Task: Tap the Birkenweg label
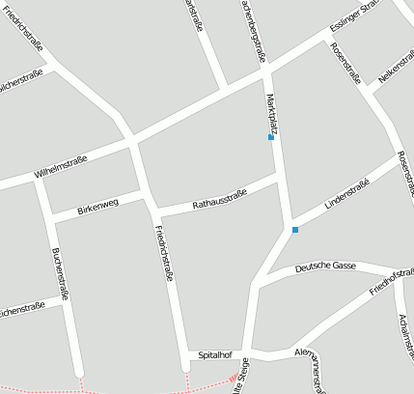[97, 207]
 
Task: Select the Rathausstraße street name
[219, 200]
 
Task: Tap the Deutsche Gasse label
[327, 267]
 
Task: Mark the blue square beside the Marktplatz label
[271, 137]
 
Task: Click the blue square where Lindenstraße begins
[295, 230]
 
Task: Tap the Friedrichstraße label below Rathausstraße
[164, 253]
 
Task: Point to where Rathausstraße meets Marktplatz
[278, 179]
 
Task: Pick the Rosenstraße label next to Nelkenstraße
[345, 63]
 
